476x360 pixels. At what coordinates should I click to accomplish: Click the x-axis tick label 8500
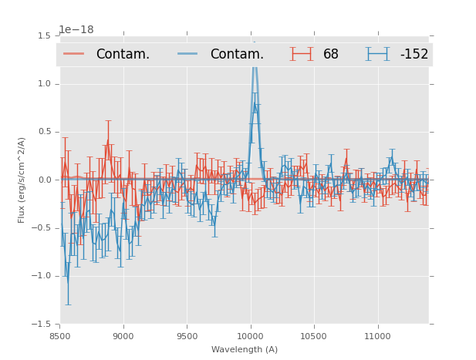click(x=60, y=336)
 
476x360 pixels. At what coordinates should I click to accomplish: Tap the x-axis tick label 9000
click(x=123, y=336)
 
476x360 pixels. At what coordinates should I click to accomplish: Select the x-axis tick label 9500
click(x=187, y=336)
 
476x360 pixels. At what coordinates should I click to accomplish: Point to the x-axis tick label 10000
click(x=251, y=336)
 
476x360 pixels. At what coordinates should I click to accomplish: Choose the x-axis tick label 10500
click(x=314, y=336)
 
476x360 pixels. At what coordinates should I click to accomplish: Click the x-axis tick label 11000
click(x=377, y=336)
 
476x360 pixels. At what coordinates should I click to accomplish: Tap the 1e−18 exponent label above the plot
click(x=76, y=30)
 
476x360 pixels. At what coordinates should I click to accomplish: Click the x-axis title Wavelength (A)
click(x=245, y=350)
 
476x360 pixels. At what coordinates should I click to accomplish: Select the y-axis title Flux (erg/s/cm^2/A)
click(x=22, y=180)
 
